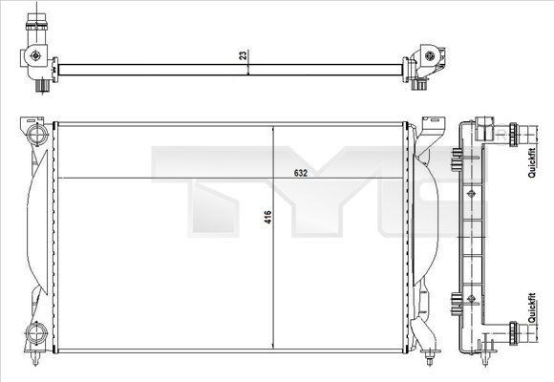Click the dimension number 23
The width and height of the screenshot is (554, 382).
click(x=244, y=55)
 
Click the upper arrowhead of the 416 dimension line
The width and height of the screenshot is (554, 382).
click(x=274, y=128)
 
